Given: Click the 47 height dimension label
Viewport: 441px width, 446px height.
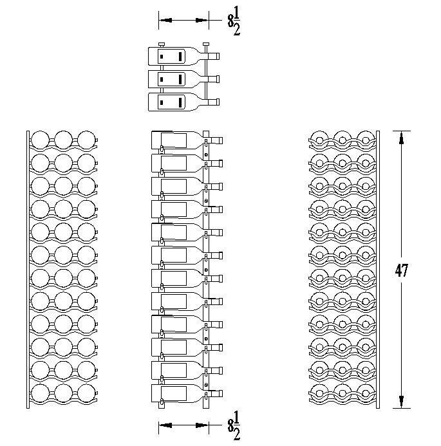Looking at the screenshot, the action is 402,270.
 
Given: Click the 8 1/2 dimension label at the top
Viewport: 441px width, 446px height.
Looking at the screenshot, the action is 234,21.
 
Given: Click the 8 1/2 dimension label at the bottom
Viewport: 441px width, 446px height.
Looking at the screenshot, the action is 234,426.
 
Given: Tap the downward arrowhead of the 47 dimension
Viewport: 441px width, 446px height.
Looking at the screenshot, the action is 402,402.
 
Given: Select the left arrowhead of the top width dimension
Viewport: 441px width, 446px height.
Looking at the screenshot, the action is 165,20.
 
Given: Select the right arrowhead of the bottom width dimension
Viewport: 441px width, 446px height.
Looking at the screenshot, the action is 202,425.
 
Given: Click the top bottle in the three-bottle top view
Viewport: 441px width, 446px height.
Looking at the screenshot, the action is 183,56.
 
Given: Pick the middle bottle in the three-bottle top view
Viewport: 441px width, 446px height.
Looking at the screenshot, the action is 183,79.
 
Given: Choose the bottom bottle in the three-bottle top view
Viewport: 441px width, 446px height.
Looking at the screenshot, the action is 183,102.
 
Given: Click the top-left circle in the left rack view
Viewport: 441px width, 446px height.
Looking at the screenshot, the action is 40,140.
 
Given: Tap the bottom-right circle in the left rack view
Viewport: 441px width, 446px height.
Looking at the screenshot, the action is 86,393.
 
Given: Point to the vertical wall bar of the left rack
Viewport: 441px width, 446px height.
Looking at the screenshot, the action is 28,270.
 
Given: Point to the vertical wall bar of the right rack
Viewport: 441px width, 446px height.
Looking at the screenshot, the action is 378,270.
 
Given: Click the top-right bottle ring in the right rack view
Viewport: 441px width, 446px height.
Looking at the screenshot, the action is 366,140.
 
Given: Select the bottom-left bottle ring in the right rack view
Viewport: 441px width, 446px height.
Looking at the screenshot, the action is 319,393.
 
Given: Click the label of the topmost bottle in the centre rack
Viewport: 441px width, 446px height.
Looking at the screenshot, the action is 174,140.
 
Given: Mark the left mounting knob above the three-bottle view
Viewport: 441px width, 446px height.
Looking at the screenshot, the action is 162,44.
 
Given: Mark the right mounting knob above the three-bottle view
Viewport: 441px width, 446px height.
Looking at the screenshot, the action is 206,44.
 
